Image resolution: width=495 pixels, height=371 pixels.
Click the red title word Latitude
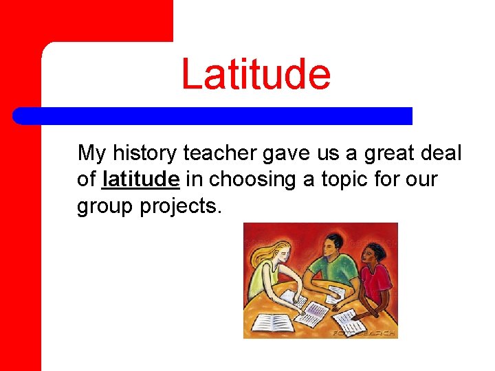[256, 74]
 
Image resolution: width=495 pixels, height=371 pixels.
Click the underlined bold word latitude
[140, 179]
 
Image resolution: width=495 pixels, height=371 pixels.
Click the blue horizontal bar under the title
[213, 115]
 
